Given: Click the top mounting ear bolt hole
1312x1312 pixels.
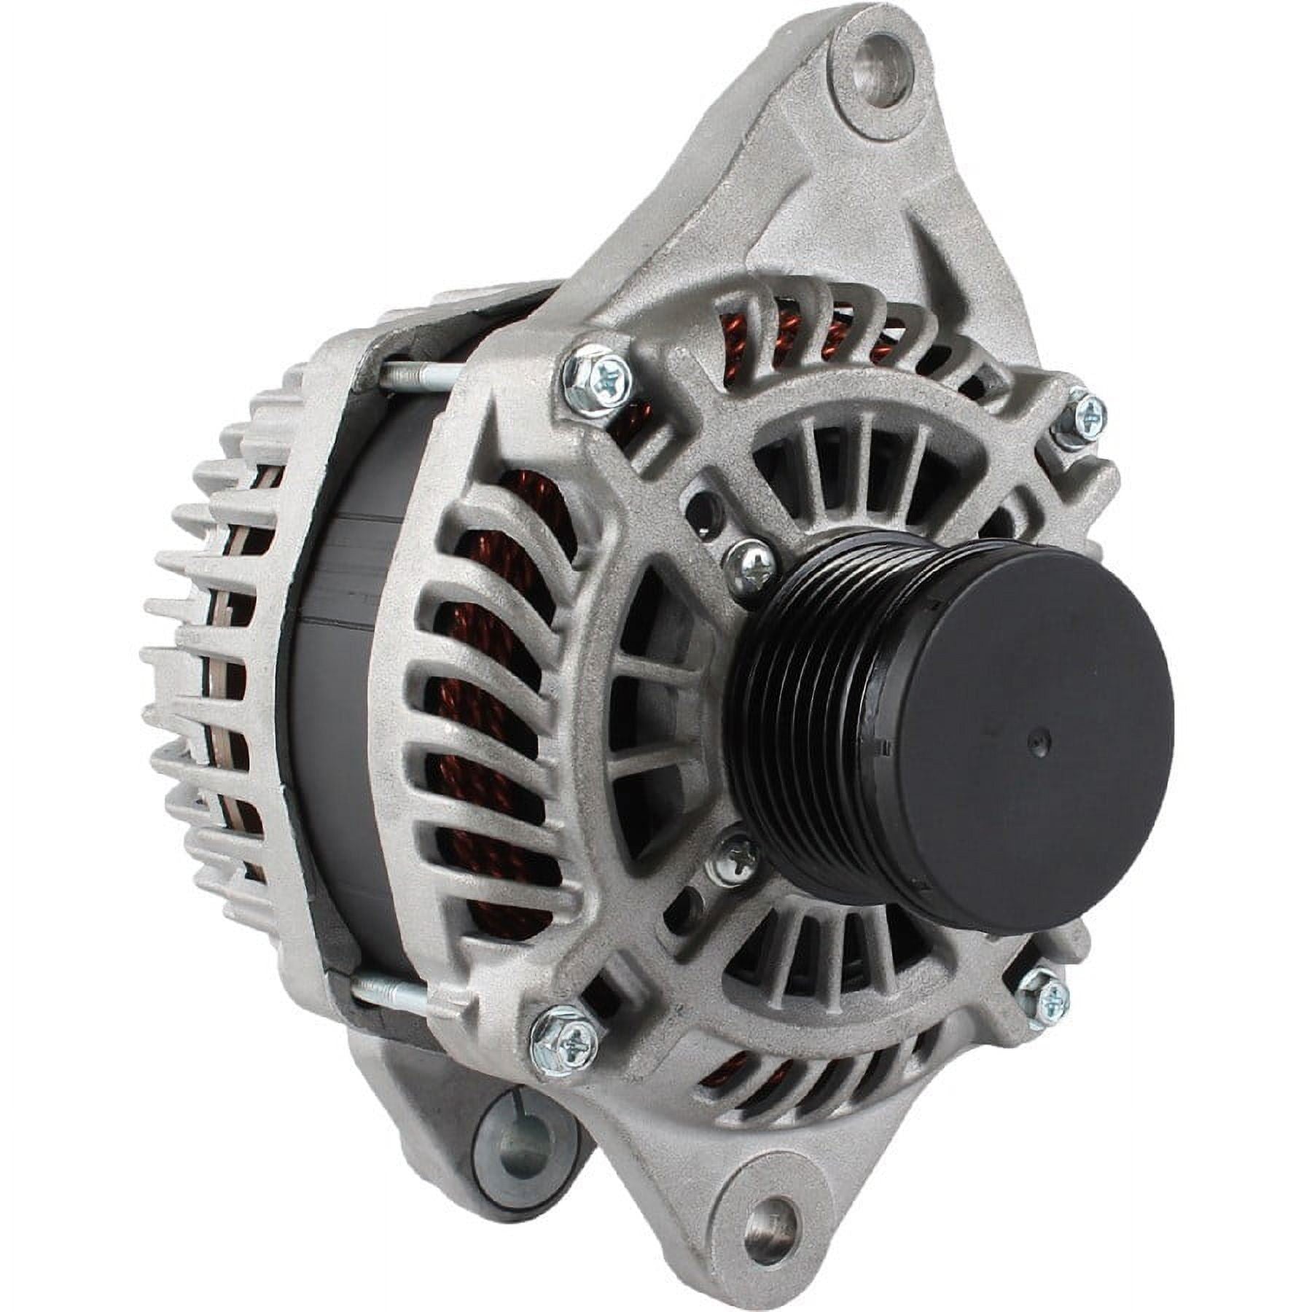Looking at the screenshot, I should pos(880,52).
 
